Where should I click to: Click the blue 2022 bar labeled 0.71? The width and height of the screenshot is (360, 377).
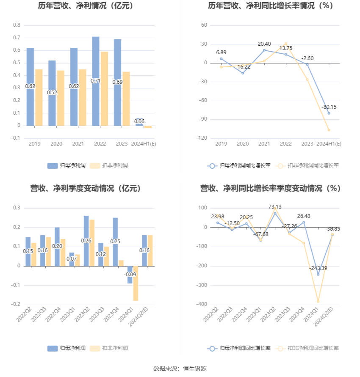(x=96, y=81)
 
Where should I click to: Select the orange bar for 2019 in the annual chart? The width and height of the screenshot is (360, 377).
(x=39, y=97)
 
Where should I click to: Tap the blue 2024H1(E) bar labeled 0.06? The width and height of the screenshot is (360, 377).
(x=139, y=122)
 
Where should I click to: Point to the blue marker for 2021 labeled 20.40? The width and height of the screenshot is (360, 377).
(x=264, y=50)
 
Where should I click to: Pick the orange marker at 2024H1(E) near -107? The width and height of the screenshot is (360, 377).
(x=329, y=130)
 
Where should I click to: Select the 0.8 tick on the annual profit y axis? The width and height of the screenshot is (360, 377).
(x=17, y=25)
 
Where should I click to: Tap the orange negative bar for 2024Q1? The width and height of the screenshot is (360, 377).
(x=136, y=283)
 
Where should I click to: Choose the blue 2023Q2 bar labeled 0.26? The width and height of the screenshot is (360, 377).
(x=86, y=241)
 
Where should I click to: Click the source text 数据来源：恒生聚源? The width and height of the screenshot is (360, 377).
(x=180, y=369)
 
